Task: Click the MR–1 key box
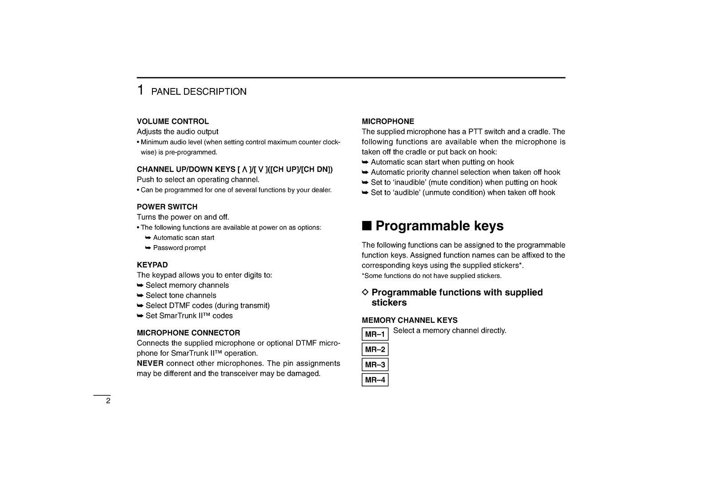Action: tap(375, 334)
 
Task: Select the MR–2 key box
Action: tap(375, 349)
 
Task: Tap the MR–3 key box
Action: tap(375, 365)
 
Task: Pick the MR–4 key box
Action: tap(375, 380)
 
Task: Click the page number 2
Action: tap(108, 401)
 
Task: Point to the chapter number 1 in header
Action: tap(140, 90)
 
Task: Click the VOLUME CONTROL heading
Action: tap(172, 121)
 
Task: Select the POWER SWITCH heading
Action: tap(167, 207)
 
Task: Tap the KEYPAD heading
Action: tap(152, 265)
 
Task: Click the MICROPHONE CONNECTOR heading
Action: tap(188, 333)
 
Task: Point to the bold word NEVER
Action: tap(150, 363)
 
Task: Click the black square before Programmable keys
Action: tap(366, 225)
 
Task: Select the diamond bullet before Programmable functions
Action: tap(365, 292)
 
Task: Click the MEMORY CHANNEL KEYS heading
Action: tap(409, 320)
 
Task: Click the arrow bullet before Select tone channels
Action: tap(140, 295)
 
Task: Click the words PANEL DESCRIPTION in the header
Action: tap(199, 92)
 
